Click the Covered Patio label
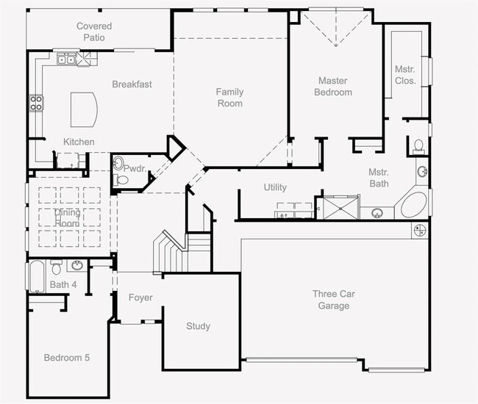pyautogui.click(x=94, y=32)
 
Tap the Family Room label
pyautogui.click(x=230, y=98)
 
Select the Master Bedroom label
pyautogui.click(x=333, y=87)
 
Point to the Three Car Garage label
pyautogui.click(x=334, y=300)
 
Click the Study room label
pyautogui.click(x=198, y=326)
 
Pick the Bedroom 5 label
pyautogui.click(x=67, y=358)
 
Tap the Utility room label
pyautogui.click(x=275, y=187)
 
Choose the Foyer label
pyautogui.click(x=140, y=297)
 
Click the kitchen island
pyautogui.click(x=84, y=109)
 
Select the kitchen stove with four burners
pyautogui.click(x=36, y=103)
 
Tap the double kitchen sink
pyautogui.click(x=66, y=59)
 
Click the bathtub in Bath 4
pyautogui.click(x=37, y=276)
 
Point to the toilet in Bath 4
pyautogui.click(x=56, y=267)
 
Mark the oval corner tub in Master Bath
pyautogui.click(x=413, y=205)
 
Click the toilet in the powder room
pyautogui.click(x=121, y=180)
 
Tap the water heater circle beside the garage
pyautogui.click(x=419, y=231)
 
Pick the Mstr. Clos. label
pyautogui.click(x=405, y=75)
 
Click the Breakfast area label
pyautogui.click(x=132, y=84)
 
